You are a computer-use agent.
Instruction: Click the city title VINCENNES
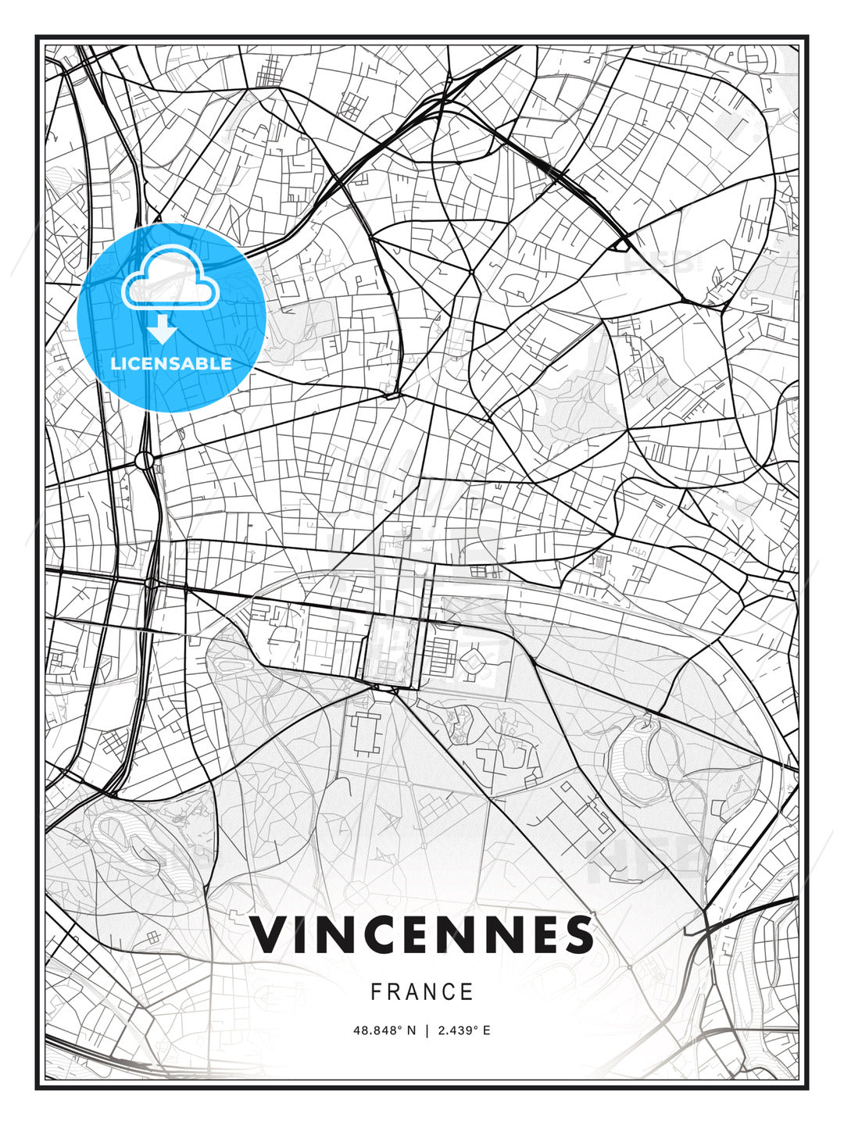click(x=422, y=934)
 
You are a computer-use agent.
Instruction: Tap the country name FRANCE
click(x=422, y=992)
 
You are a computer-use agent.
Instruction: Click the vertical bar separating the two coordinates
click(x=427, y=1030)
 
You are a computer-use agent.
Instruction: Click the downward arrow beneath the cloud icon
click(x=163, y=330)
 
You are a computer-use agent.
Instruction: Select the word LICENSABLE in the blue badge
click(x=171, y=363)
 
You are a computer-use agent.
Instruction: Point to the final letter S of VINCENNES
click(x=578, y=934)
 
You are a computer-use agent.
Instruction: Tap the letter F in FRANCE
click(x=376, y=992)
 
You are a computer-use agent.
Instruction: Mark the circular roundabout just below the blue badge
click(x=145, y=460)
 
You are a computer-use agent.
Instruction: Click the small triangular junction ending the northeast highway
click(x=621, y=245)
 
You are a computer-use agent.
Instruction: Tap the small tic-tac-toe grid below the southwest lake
click(x=152, y=936)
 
